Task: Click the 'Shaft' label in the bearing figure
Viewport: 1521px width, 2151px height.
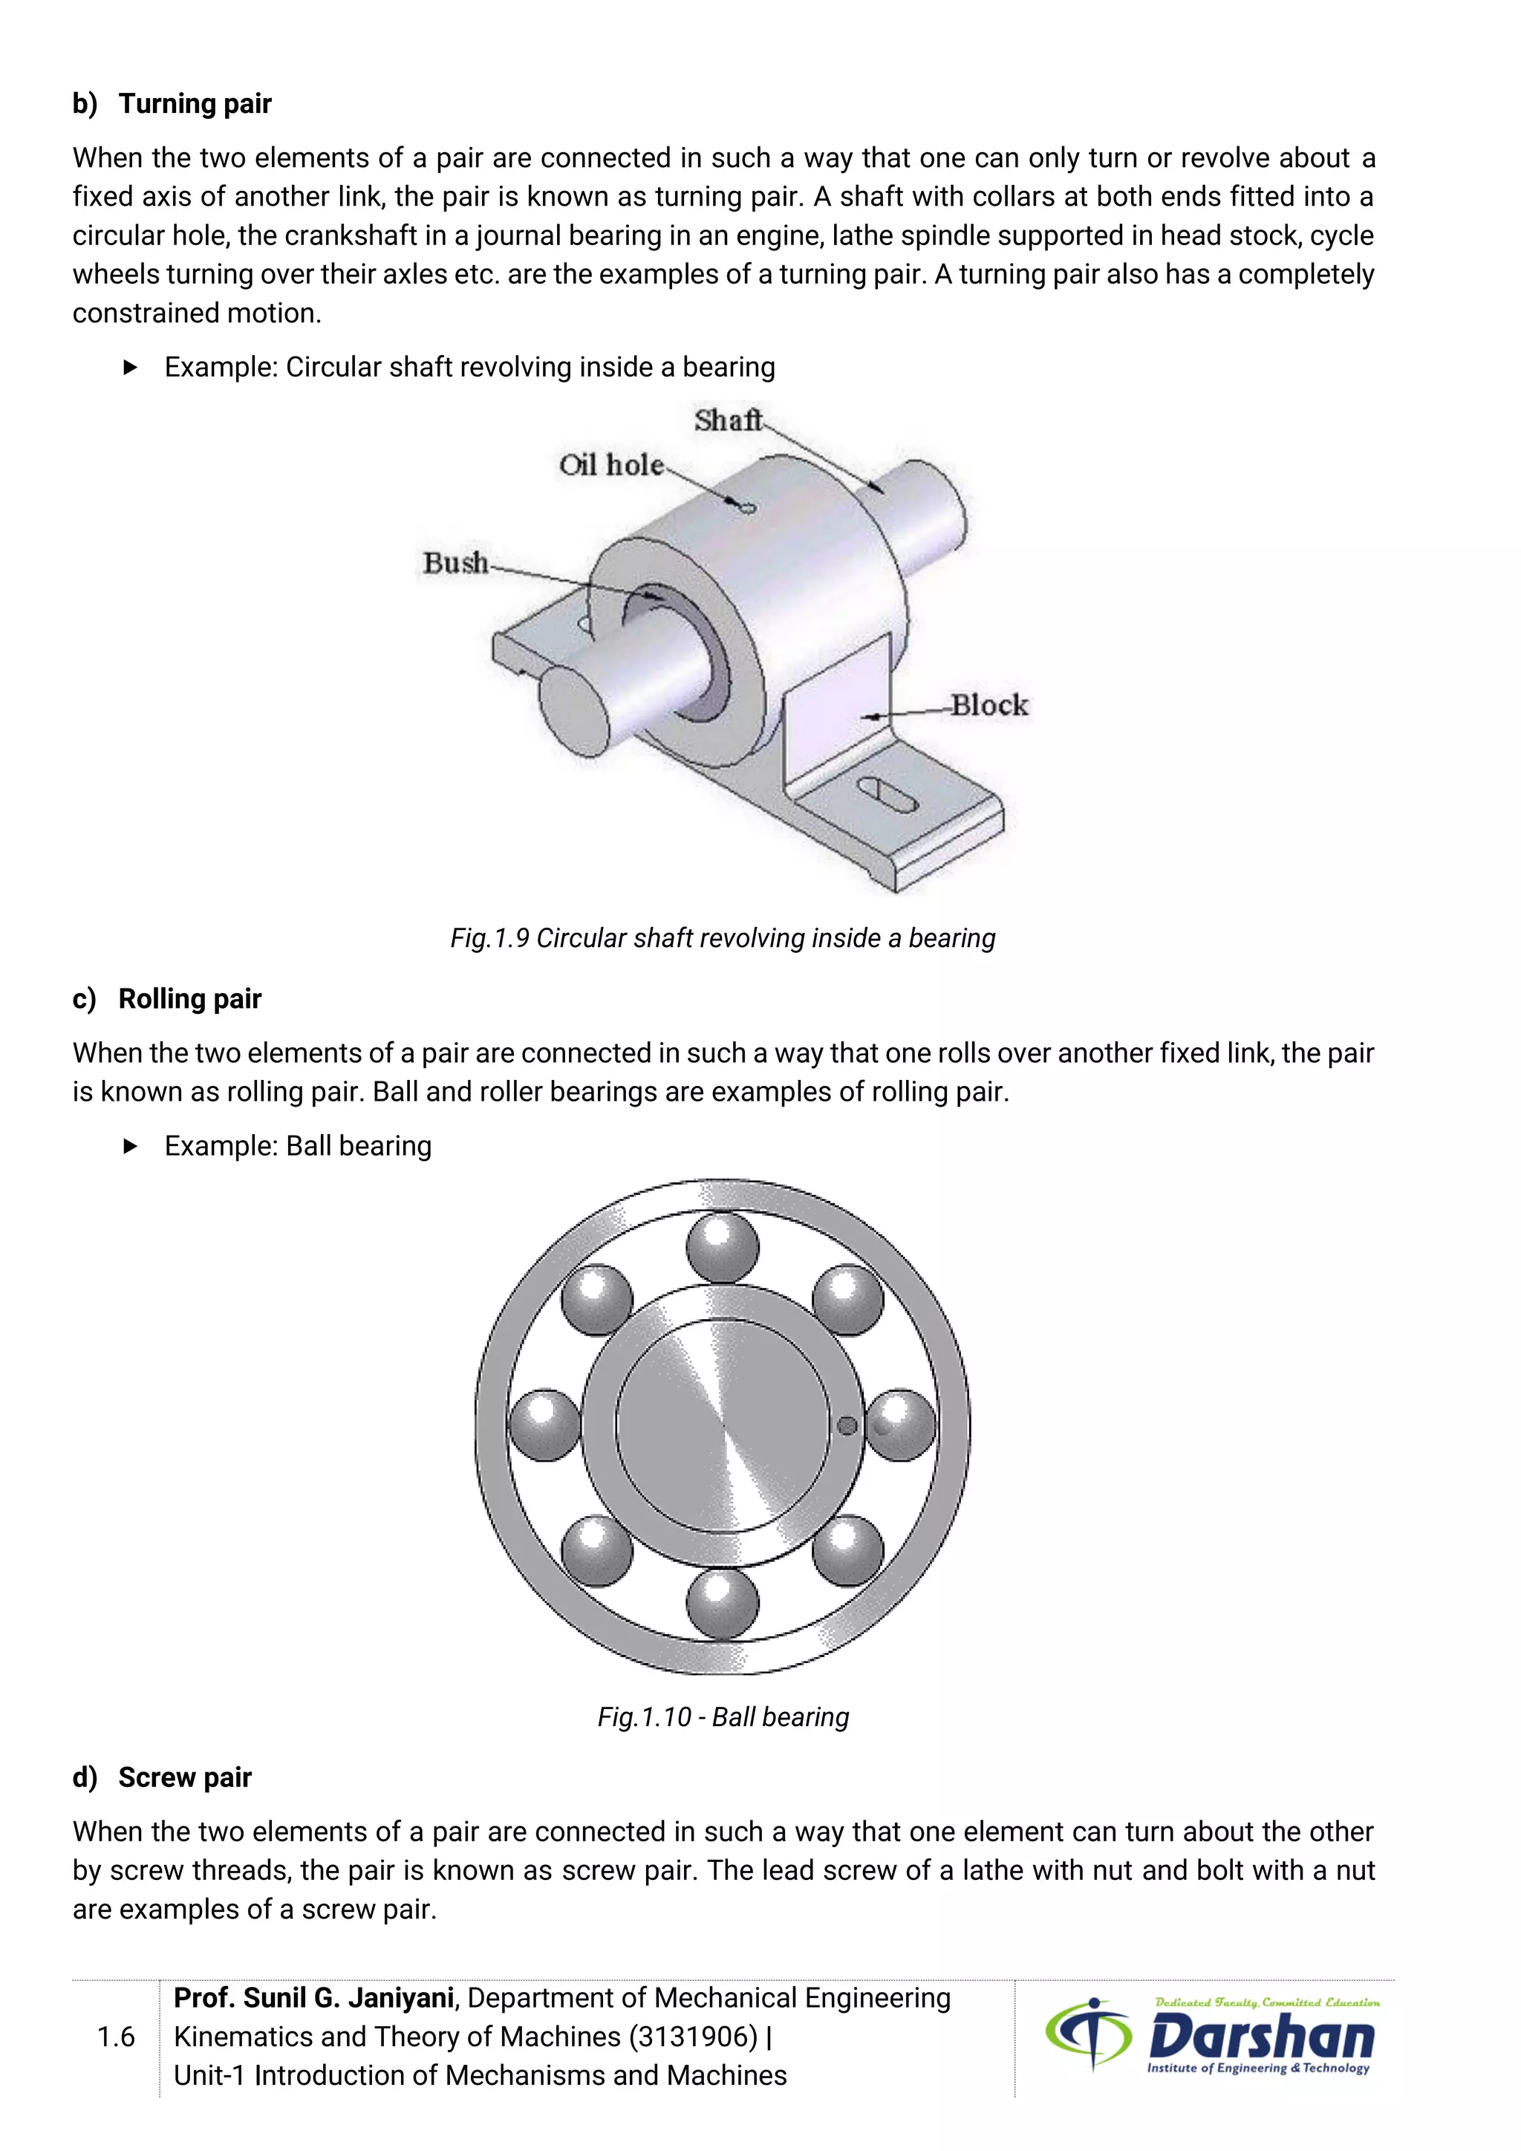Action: click(728, 420)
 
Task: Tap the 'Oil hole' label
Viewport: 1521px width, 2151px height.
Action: click(610, 465)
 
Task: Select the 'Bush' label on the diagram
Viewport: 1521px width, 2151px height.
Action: click(455, 563)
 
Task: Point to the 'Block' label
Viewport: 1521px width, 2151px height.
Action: click(989, 706)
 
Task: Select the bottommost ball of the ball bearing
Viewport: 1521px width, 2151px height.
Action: click(722, 1603)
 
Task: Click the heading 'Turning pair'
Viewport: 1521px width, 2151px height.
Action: click(195, 103)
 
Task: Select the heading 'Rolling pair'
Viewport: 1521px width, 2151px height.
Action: click(189, 999)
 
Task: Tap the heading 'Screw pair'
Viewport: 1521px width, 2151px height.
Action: click(184, 1777)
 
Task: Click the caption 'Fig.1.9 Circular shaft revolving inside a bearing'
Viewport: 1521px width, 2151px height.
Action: click(722, 938)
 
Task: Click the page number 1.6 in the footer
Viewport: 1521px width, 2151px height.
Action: click(116, 2037)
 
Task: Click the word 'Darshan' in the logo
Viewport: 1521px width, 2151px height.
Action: click(1260, 2037)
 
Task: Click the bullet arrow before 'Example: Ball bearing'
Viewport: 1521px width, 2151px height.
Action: click(130, 1146)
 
